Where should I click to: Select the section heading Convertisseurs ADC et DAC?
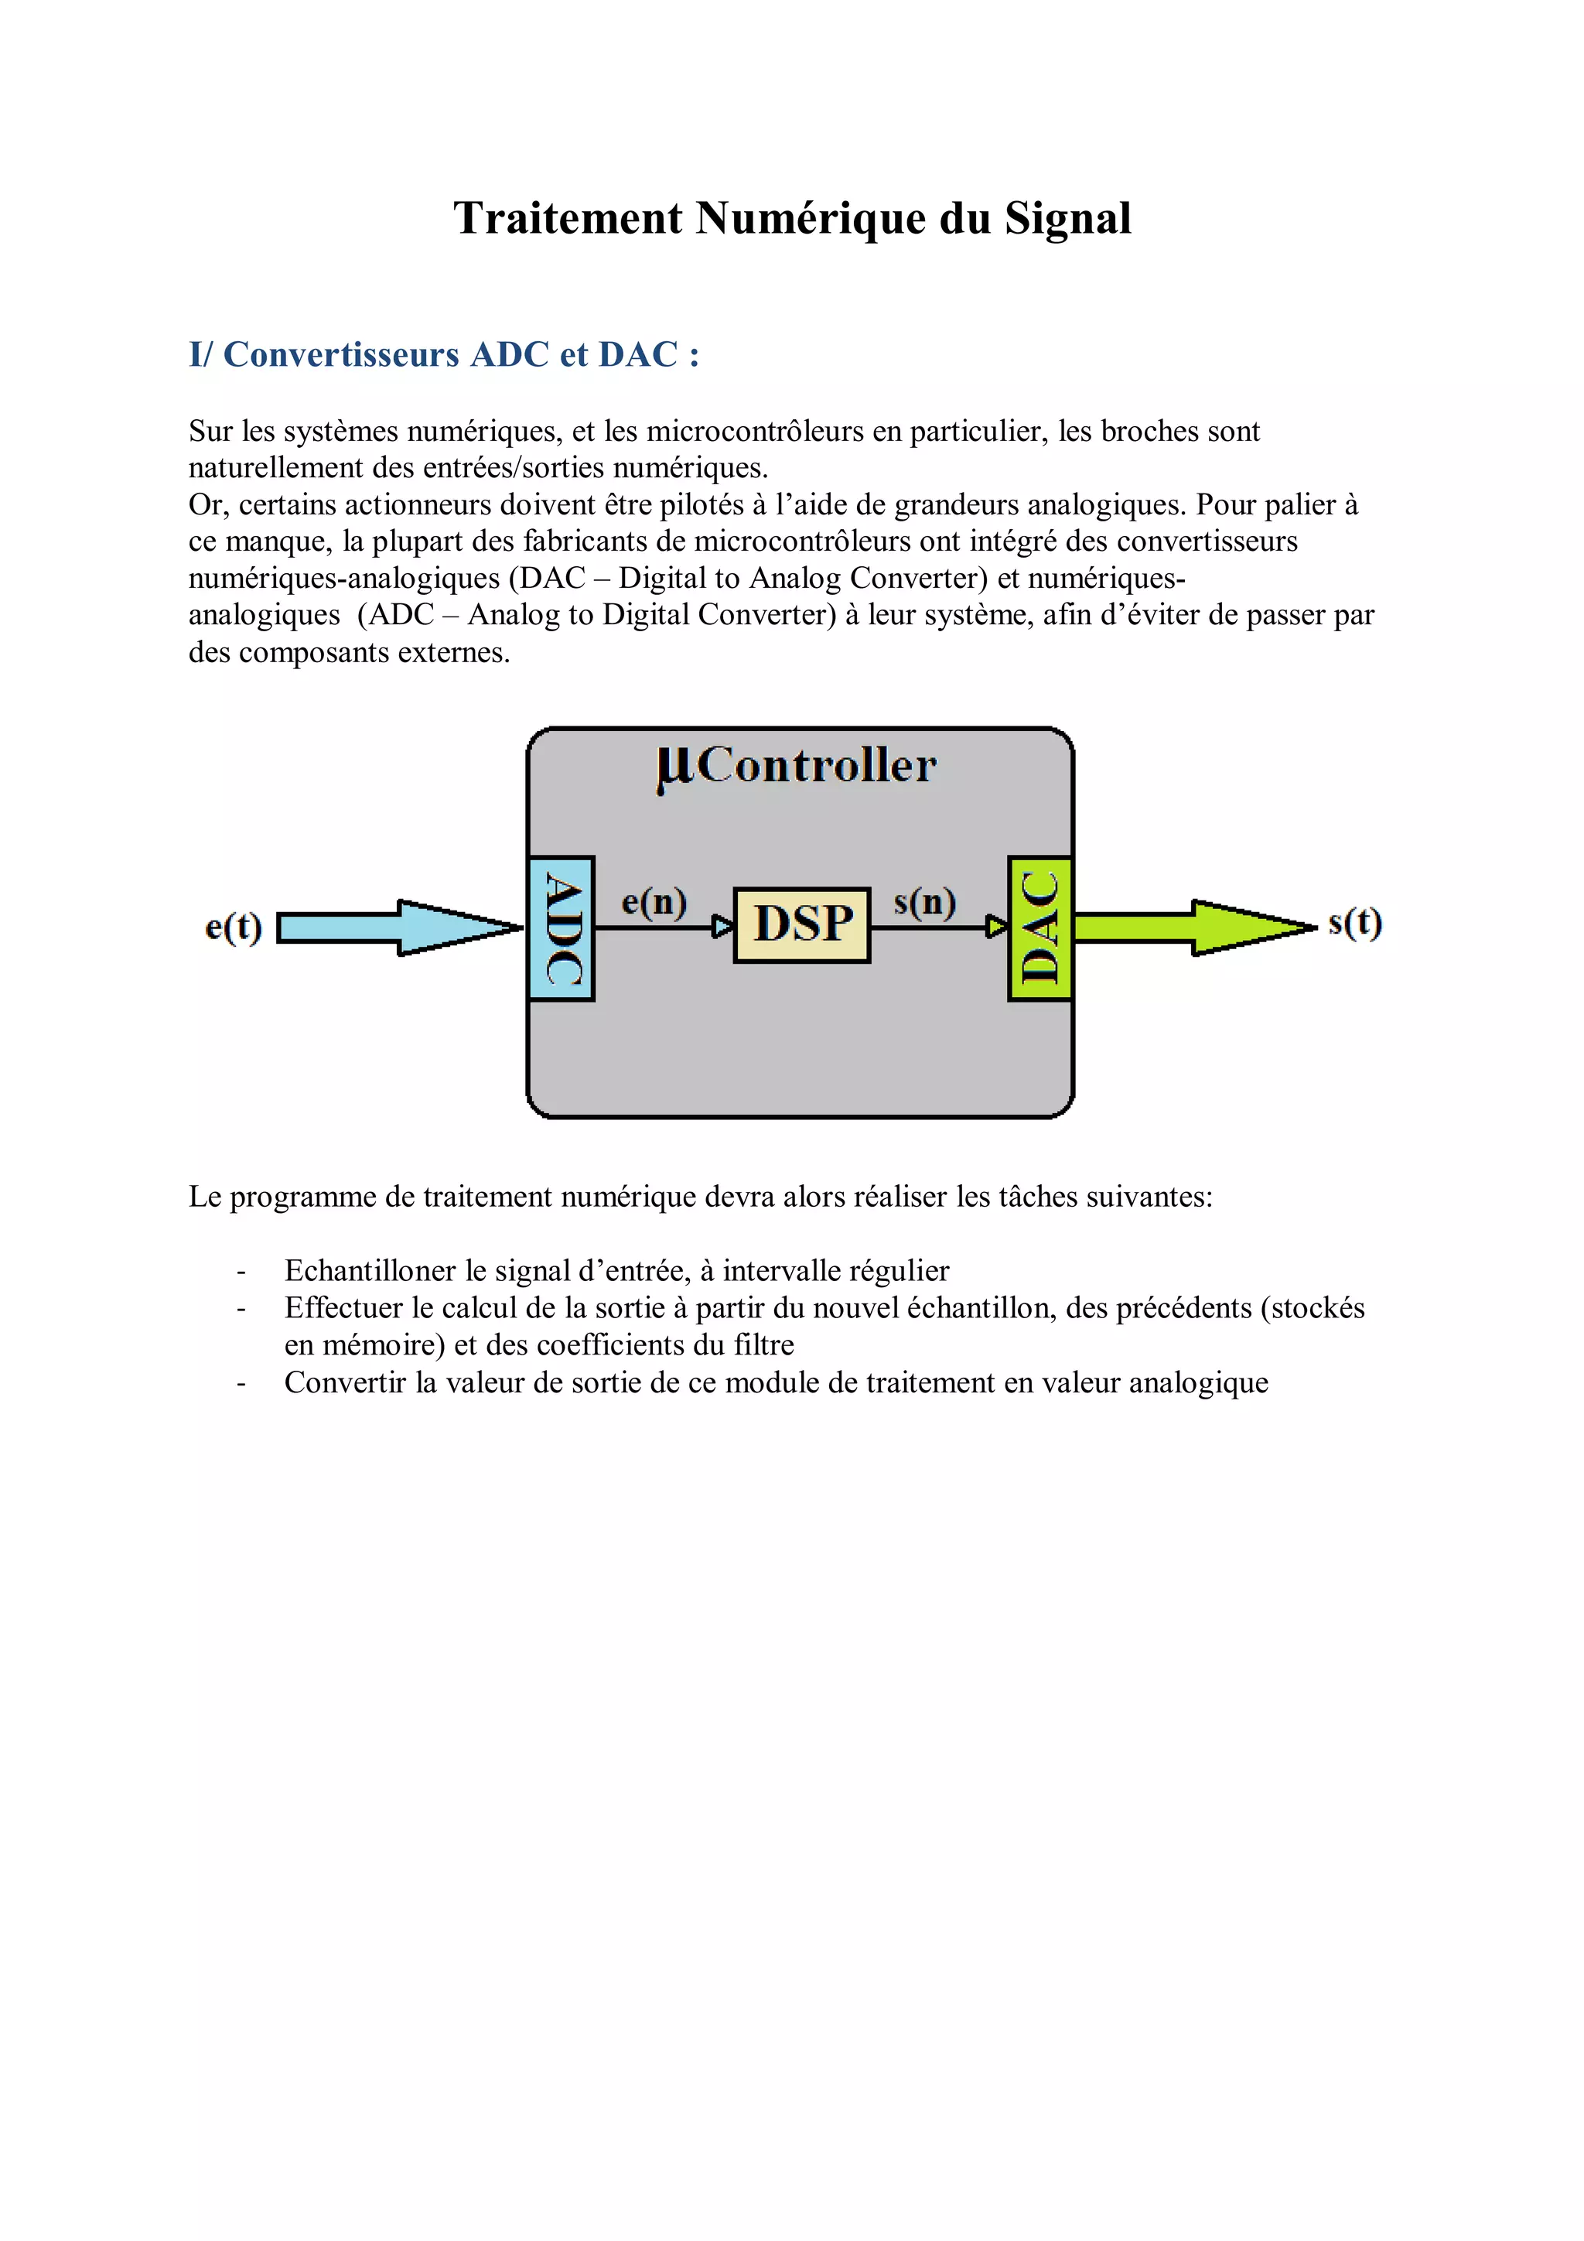click(x=444, y=354)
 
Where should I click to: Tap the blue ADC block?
click(x=562, y=928)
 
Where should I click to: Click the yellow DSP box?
click(x=801, y=924)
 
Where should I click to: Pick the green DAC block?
click(x=1040, y=928)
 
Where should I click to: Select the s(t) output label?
click(x=1354, y=922)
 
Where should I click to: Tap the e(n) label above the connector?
click(x=654, y=901)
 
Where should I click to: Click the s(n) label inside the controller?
click(x=924, y=901)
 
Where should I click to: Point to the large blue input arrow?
click(x=400, y=927)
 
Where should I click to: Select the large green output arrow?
click(x=1196, y=927)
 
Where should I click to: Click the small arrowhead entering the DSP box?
click(x=723, y=927)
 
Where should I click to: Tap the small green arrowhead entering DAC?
click(x=996, y=927)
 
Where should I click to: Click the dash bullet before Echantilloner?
click(x=240, y=1272)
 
